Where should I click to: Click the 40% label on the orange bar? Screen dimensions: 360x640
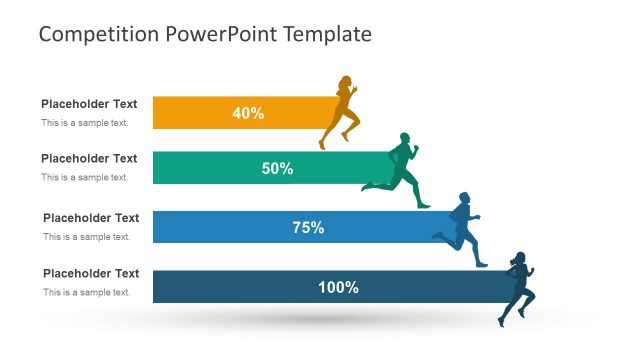pos(248,113)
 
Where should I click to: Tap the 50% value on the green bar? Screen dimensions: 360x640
pos(277,168)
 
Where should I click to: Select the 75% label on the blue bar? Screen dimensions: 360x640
pos(308,227)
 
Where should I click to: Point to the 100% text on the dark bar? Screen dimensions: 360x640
pos(338,287)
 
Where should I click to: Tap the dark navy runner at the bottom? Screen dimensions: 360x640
pos(518,288)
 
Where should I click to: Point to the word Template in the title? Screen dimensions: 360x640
pos(328,34)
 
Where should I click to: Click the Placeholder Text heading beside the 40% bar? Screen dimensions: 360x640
pos(89,104)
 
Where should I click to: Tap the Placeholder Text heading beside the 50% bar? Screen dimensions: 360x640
pos(89,158)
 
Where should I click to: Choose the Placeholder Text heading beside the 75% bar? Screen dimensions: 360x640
pos(91,218)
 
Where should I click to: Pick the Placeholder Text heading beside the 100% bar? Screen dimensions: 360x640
pos(91,273)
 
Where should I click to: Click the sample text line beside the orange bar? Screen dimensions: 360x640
pos(84,123)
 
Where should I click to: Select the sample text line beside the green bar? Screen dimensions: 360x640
pos(84,177)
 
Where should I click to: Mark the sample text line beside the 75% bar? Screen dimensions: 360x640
pos(86,237)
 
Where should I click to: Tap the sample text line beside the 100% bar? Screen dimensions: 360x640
pos(86,292)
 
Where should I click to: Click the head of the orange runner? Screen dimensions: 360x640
pos(347,80)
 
